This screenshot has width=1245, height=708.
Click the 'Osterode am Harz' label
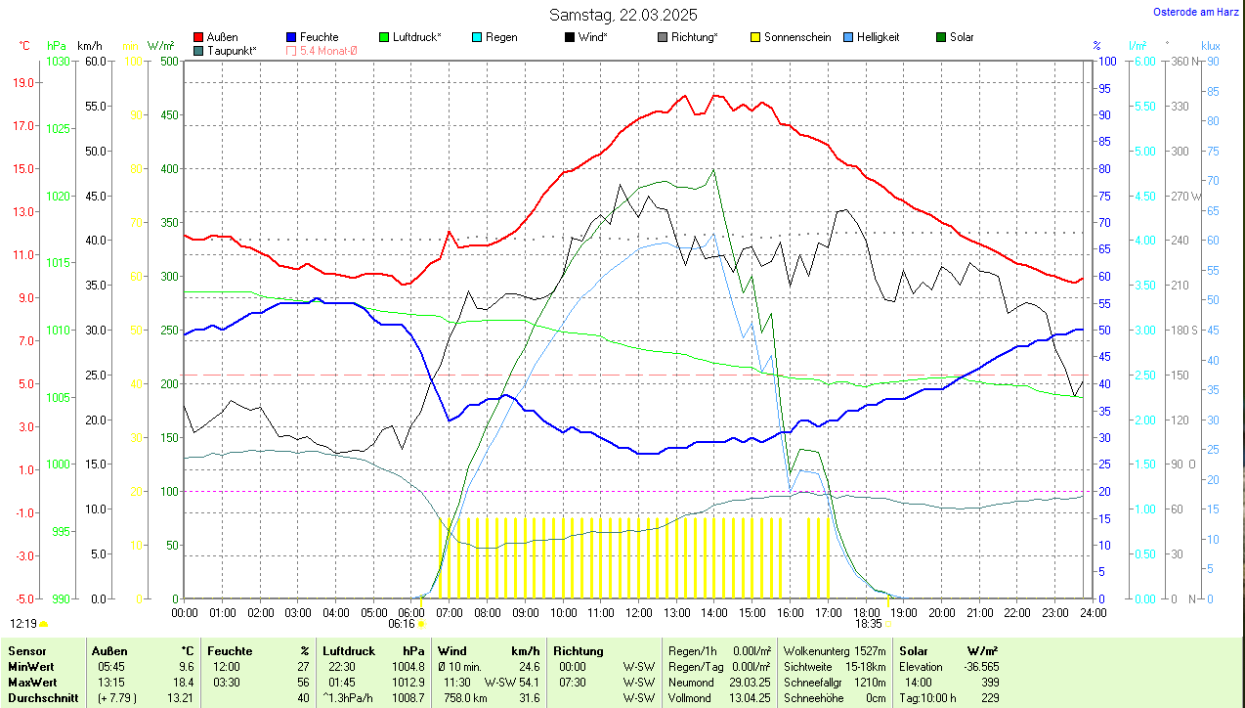[1195, 12]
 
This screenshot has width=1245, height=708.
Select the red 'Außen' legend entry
[221, 37]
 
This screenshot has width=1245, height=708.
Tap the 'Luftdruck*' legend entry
[416, 37]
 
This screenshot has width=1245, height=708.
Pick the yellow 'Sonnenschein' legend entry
[796, 37]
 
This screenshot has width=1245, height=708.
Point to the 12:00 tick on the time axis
[638, 612]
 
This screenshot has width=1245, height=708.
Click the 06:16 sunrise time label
[402, 623]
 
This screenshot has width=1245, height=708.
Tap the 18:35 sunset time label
[869, 623]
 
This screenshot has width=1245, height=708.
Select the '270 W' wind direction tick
[1186, 196]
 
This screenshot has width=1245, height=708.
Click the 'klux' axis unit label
[1211, 46]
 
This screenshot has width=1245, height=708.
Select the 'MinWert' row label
[30, 666]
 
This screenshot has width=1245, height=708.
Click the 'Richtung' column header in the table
[579, 650]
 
